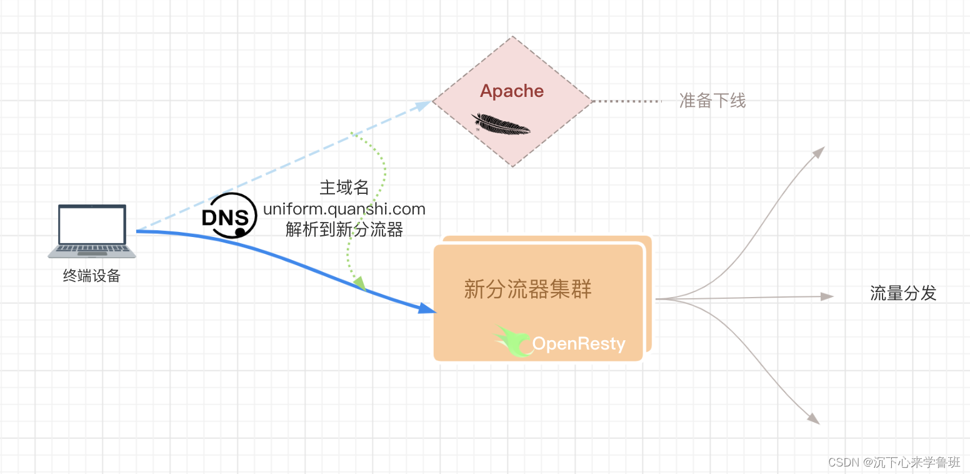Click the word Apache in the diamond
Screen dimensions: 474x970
512,91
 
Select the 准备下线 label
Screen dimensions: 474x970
712,101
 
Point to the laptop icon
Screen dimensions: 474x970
92,231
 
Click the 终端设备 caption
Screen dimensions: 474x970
92,276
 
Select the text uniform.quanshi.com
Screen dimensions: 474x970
344,209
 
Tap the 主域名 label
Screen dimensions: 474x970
344,188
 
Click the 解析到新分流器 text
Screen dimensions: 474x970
344,229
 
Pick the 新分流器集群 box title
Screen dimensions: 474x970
528,290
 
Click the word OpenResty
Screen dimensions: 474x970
578,344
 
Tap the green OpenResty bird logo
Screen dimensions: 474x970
514,340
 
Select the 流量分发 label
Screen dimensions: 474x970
903,293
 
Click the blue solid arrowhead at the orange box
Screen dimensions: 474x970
426,308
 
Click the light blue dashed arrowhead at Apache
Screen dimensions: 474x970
424,103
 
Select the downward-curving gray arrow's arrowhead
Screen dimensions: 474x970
813,418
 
